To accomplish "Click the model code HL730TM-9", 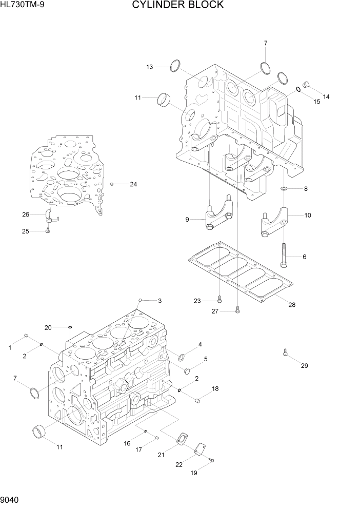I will point(22,6).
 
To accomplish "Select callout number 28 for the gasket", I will point(291,305).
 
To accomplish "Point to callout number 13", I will point(149,67).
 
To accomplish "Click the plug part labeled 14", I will point(306,84).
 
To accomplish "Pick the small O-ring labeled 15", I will point(298,90).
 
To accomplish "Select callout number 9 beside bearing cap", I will point(188,220).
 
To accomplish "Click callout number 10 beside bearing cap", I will point(308,216).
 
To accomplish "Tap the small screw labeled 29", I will point(285,353).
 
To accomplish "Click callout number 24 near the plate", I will point(133,184).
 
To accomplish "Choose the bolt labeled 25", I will point(47,231).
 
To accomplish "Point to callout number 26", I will point(25,214).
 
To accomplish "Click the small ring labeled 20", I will point(70,326).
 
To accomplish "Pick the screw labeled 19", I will point(211,461).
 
